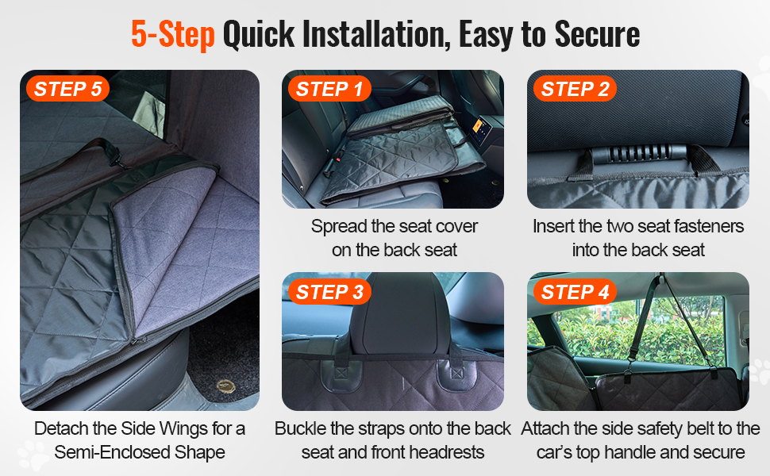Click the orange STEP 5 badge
coord(67,89)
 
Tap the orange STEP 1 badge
coord(329,89)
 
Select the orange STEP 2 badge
coord(575,89)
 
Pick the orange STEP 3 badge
coord(329,292)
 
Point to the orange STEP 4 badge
coord(575,292)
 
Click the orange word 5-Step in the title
coord(173,34)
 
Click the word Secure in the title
coord(597,34)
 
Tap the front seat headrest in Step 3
coord(406,313)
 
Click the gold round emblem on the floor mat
coord(226,386)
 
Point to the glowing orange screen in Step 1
coord(480,128)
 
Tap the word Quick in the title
coord(259,34)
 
